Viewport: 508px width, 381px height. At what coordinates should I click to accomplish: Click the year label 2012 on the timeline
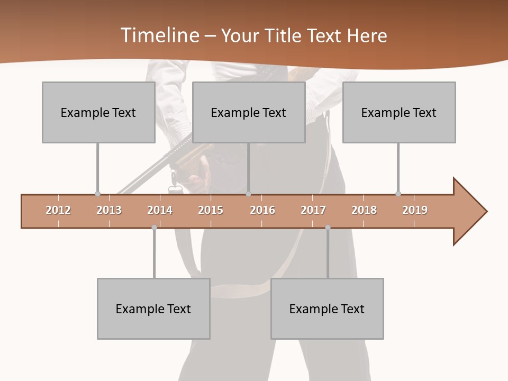coord(58,210)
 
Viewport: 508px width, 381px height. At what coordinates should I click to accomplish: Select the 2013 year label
coord(109,210)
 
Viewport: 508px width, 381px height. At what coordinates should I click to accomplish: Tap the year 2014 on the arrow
coord(160,210)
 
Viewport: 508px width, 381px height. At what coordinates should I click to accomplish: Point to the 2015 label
coord(211,210)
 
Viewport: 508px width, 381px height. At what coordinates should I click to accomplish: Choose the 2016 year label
coord(262,210)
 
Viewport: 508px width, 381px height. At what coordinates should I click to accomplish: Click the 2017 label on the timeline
coord(313,210)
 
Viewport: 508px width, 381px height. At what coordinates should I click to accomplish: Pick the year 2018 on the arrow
coord(364,210)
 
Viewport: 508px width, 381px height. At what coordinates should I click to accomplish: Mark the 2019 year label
coord(415,210)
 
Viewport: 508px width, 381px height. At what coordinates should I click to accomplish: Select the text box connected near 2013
coord(98,112)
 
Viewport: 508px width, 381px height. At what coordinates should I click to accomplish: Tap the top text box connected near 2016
coord(249,112)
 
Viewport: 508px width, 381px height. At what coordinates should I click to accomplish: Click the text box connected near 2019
coord(399,112)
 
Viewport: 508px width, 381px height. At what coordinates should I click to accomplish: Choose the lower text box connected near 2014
coord(153,309)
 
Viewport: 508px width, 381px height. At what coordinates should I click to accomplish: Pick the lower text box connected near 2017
coord(327,309)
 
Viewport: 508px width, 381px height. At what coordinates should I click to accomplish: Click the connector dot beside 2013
coord(97,194)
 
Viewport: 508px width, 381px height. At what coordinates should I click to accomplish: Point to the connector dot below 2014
coord(154,228)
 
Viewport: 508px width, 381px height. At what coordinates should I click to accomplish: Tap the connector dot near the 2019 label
coord(398,194)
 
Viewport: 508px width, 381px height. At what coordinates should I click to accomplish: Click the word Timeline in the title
coord(158,35)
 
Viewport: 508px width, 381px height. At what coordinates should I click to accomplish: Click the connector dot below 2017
coord(328,228)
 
